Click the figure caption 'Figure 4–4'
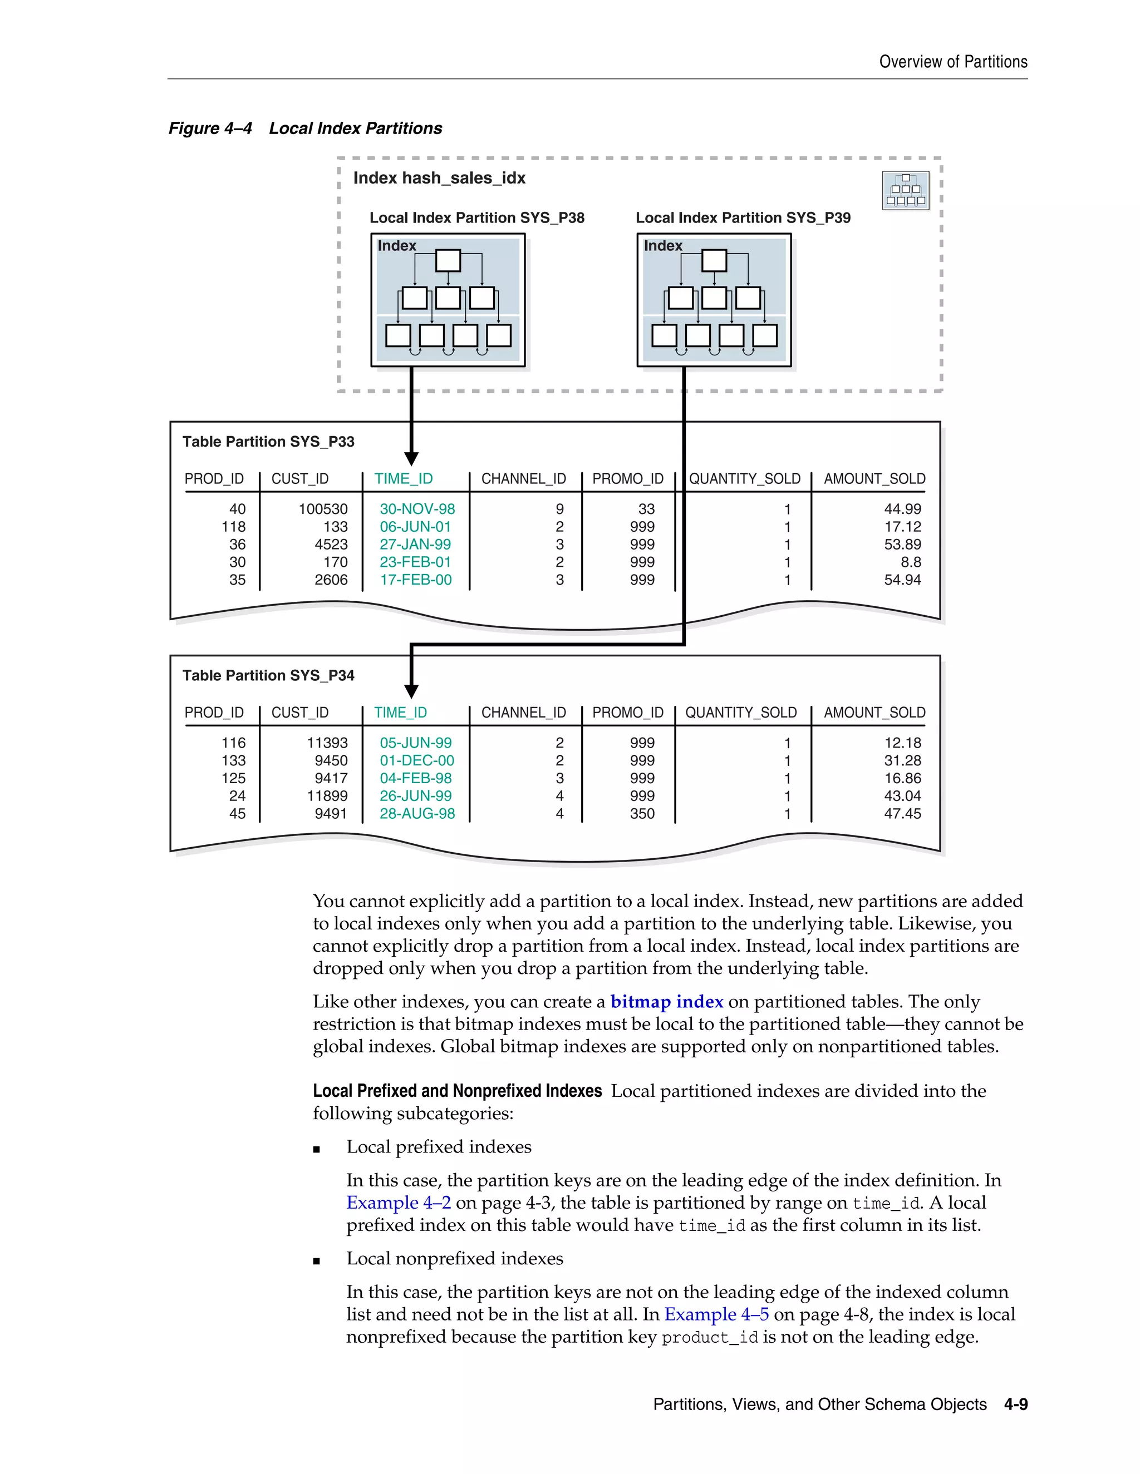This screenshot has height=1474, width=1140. (x=210, y=128)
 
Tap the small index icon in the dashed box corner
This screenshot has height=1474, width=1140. (x=905, y=190)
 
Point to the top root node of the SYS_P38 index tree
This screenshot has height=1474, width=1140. (x=448, y=260)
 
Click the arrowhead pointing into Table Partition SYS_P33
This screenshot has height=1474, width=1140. (x=411, y=459)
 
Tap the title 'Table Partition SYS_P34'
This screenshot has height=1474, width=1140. (x=268, y=676)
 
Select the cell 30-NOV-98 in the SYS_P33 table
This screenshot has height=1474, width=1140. (x=417, y=509)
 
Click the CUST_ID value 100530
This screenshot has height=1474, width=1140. (x=323, y=509)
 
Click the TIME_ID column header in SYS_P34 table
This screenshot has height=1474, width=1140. (x=400, y=713)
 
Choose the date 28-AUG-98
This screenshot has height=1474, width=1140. (x=417, y=814)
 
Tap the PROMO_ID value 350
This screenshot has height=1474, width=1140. (x=642, y=814)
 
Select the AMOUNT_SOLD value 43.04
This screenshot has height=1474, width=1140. (x=902, y=797)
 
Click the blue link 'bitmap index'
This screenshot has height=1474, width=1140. (x=666, y=1002)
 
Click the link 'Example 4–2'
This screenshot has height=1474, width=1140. (x=399, y=1203)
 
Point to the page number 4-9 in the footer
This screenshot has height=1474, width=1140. (x=1015, y=1404)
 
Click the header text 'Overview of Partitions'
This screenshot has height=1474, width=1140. (x=953, y=62)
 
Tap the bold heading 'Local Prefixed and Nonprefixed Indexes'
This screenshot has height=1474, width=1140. (x=457, y=1091)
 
